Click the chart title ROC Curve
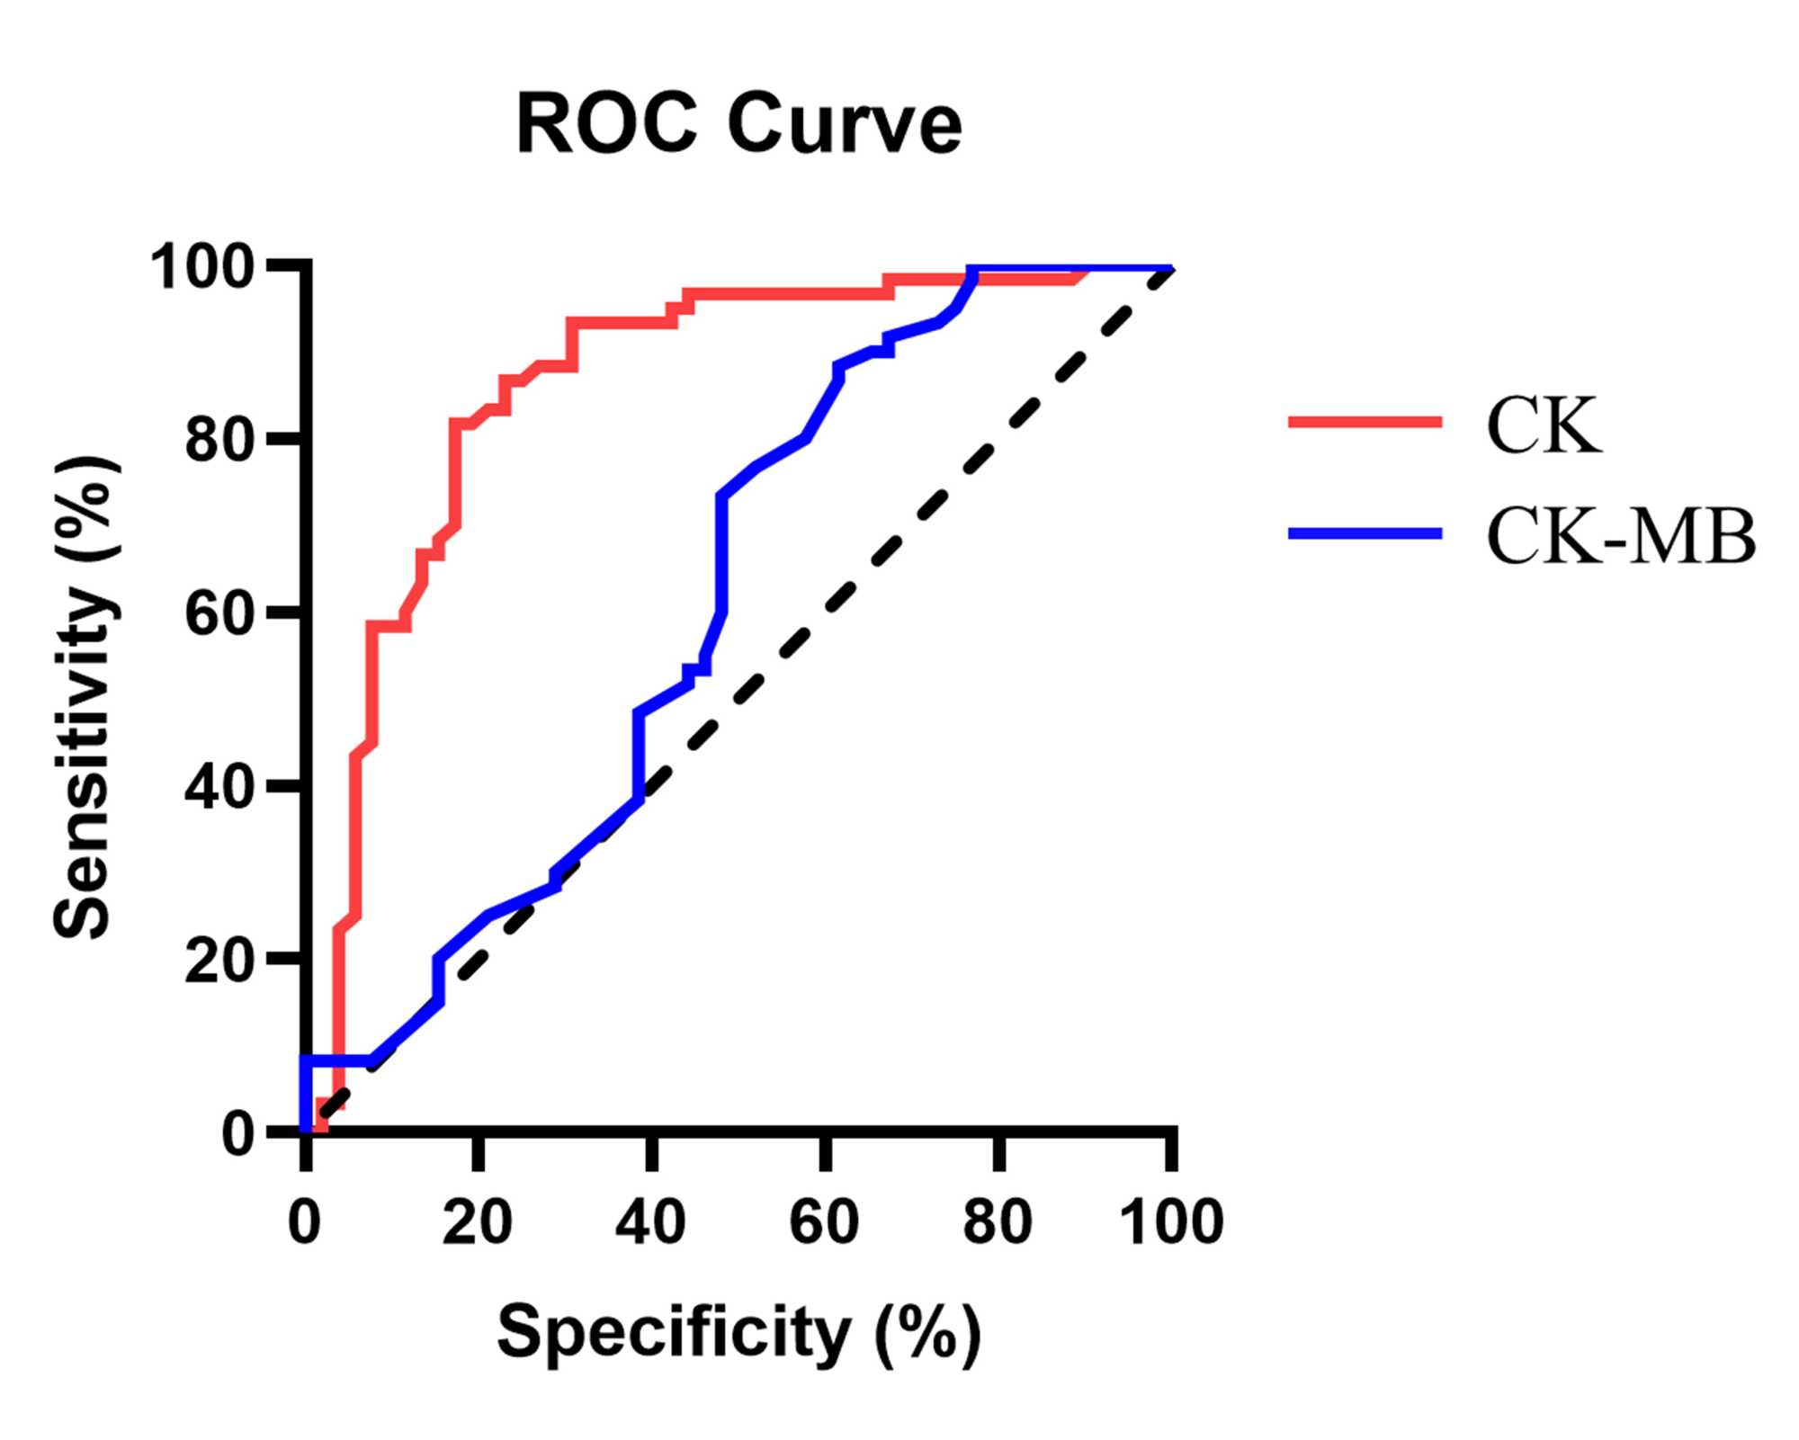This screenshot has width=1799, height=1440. click(x=738, y=124)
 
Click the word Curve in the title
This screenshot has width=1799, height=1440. click(x=845, y=124)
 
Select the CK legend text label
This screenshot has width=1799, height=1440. click(x=1544, y=425)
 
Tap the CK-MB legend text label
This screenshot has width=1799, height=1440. click(x=1620, y=537)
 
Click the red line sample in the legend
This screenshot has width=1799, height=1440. click(x=1365, y=421)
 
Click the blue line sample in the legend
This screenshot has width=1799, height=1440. click(x=1365, y=533)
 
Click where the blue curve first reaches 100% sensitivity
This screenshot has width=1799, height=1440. click(x=972, y=269)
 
